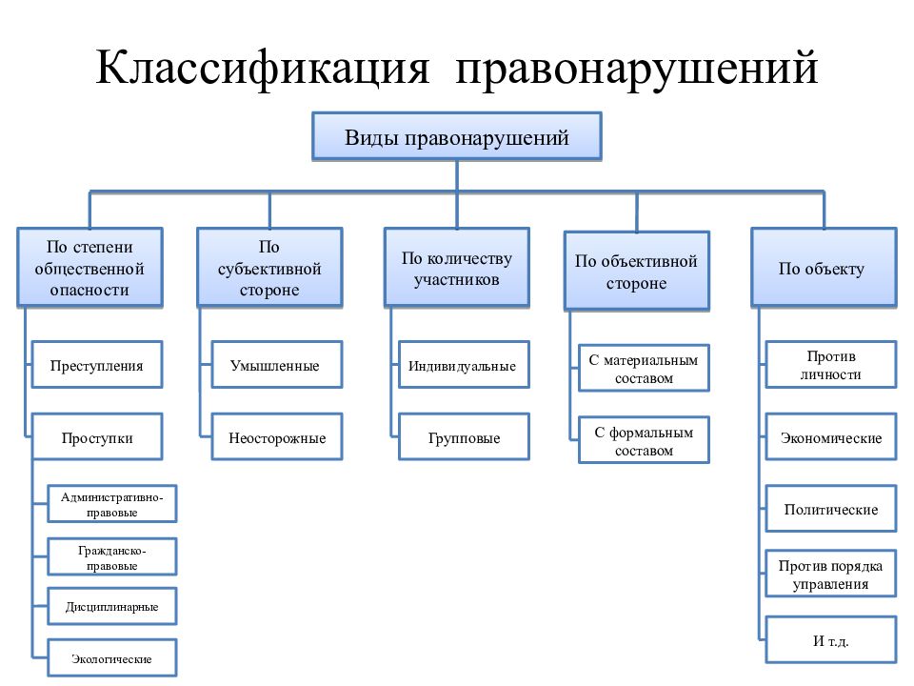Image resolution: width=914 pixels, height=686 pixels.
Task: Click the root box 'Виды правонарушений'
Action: [456, 136]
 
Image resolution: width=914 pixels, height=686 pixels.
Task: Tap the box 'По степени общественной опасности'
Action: [89, 268]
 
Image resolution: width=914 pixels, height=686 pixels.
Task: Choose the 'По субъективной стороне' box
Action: [269, 268]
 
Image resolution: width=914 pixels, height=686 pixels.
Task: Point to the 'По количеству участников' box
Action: [456, 268]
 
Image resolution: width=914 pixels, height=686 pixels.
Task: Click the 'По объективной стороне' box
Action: [637, 271]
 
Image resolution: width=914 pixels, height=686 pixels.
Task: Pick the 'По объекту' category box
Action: [824, 268]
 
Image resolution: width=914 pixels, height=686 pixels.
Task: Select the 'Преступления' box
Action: [97, 365]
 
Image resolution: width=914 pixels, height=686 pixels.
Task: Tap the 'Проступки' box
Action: [97, 437]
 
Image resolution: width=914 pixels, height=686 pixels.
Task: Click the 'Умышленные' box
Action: [276, 365]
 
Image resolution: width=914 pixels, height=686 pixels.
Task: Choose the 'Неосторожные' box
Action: [276, 437]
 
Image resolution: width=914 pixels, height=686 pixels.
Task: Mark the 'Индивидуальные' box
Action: [464, 365]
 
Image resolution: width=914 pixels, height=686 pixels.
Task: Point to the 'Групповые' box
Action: [464, 437]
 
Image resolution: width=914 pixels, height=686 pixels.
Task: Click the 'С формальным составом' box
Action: [644, 440]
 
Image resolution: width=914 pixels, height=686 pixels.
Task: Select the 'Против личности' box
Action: [830, 365]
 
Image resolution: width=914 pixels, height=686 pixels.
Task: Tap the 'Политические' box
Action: [830, 509]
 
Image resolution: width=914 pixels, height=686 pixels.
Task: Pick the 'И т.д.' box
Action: [830, 640]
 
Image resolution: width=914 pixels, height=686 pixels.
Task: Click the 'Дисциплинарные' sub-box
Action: [112, 607]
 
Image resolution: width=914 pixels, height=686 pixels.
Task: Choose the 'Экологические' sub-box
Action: [112, 658]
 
